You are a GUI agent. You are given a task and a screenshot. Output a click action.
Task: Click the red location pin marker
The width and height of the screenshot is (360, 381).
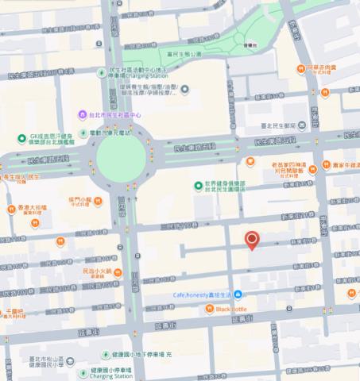point(252,240)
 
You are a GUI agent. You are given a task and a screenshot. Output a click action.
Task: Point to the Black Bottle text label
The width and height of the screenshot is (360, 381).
point(233,308)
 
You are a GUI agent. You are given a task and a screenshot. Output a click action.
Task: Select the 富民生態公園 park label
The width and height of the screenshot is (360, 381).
point(188,54)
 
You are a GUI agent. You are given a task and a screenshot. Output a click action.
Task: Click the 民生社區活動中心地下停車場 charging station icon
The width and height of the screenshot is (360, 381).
point(102,73)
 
